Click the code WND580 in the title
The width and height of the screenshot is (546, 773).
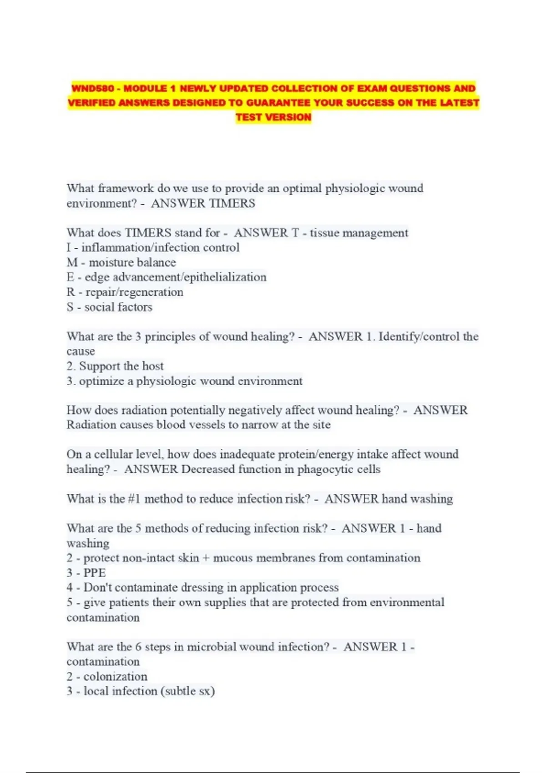pyautogui.click(x=92, y=88)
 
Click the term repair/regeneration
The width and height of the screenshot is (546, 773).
pyautogui.click(x=134, y=292)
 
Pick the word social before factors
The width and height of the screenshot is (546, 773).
pyautogui.click(x=98, y=307)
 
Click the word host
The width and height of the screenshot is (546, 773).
pyautogui.click(x=153, y=366)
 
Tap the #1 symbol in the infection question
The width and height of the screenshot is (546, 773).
pyautogui.click(x=134, y=499)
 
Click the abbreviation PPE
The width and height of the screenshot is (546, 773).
pyautogui.click(x=94, y=572)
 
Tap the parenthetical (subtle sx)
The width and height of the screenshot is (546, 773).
pyautogui.click(x=188, y=691)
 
